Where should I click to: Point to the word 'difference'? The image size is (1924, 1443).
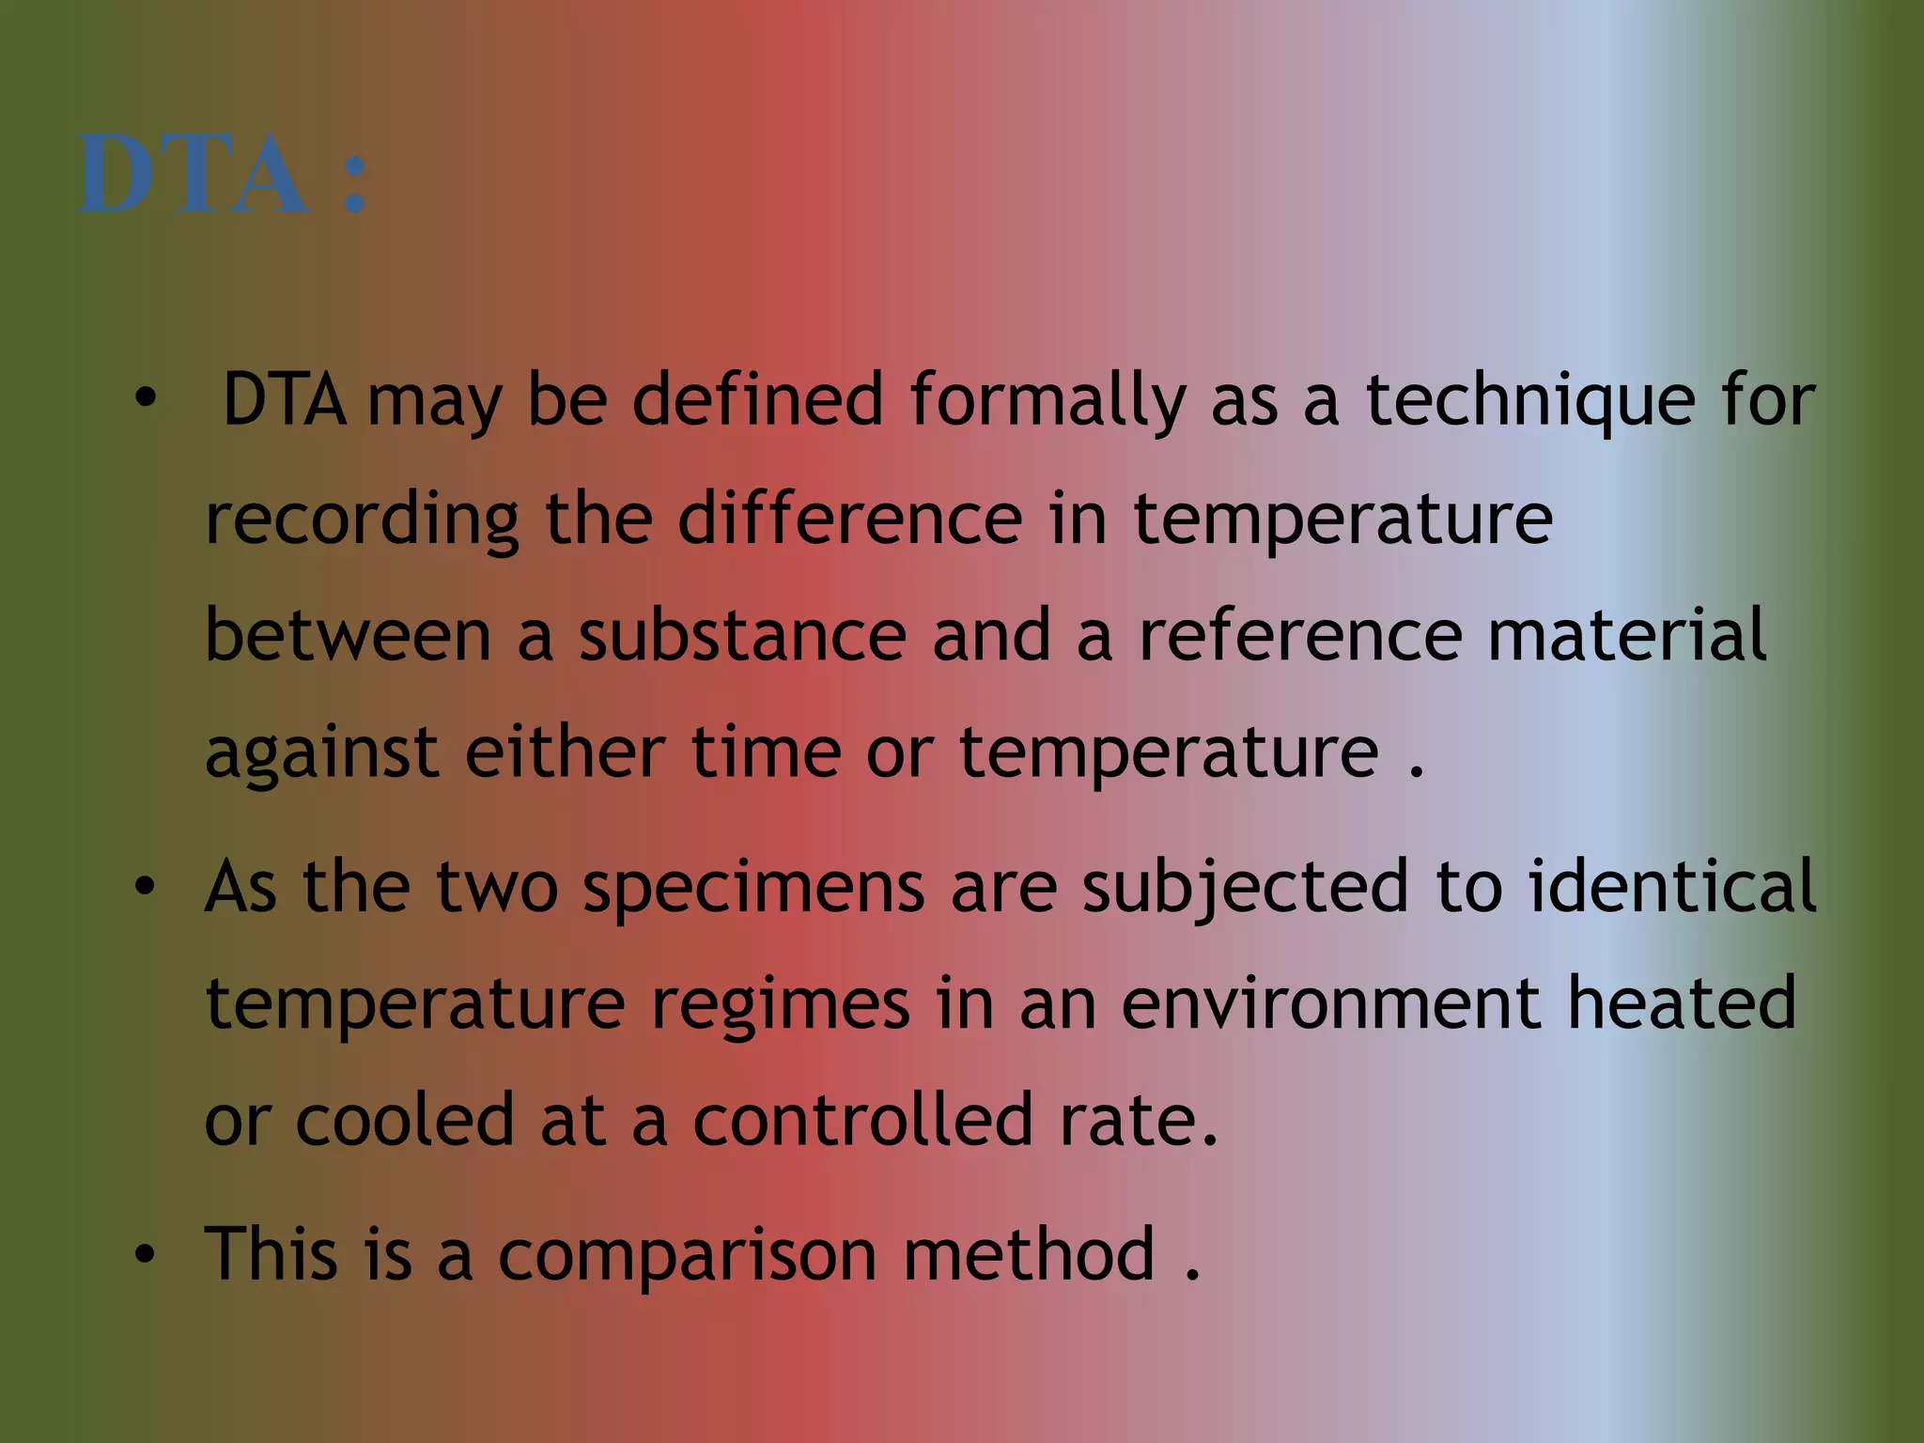849,519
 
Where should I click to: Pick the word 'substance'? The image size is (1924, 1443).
742,636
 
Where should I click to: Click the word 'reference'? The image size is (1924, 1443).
1300,636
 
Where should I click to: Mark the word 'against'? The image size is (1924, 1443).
321,754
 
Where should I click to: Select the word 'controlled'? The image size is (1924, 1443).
863,1120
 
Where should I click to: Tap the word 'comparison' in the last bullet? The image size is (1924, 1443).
687,1257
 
